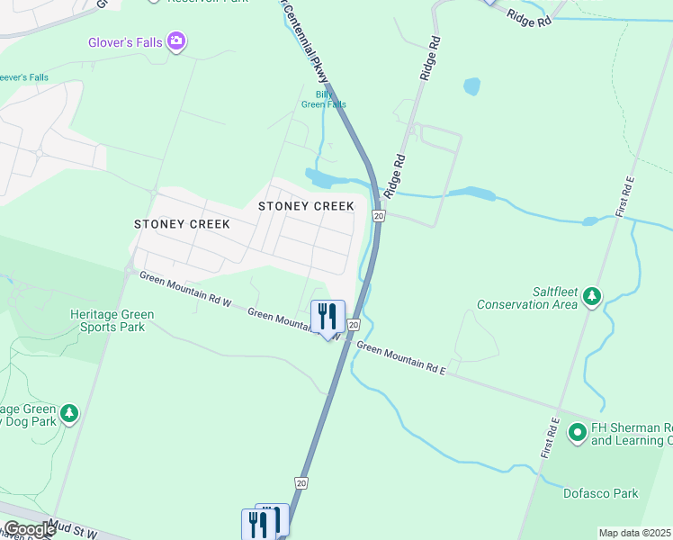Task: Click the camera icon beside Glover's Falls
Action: [176, 40]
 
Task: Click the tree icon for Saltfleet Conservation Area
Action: [591, 296]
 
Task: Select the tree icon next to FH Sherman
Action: [577, 432]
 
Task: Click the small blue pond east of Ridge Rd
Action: [471, 86]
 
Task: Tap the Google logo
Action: [29, 529]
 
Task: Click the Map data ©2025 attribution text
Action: [634, 533]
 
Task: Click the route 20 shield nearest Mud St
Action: [301, 483]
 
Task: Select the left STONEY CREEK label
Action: [182, 224]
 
